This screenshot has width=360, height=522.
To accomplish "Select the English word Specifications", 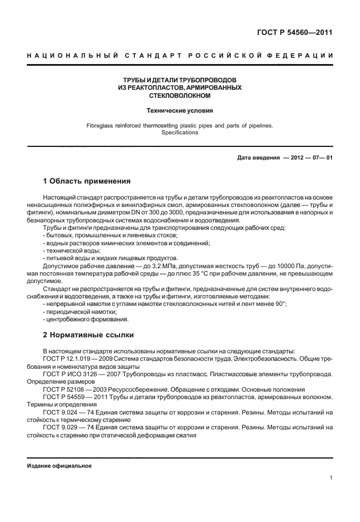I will click(179, 132).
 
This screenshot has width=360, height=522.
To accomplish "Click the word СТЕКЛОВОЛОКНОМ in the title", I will click(179, 95).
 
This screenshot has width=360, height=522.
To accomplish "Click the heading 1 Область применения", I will click(87, 182).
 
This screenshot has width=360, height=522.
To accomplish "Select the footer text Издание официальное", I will click(59, 466).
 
